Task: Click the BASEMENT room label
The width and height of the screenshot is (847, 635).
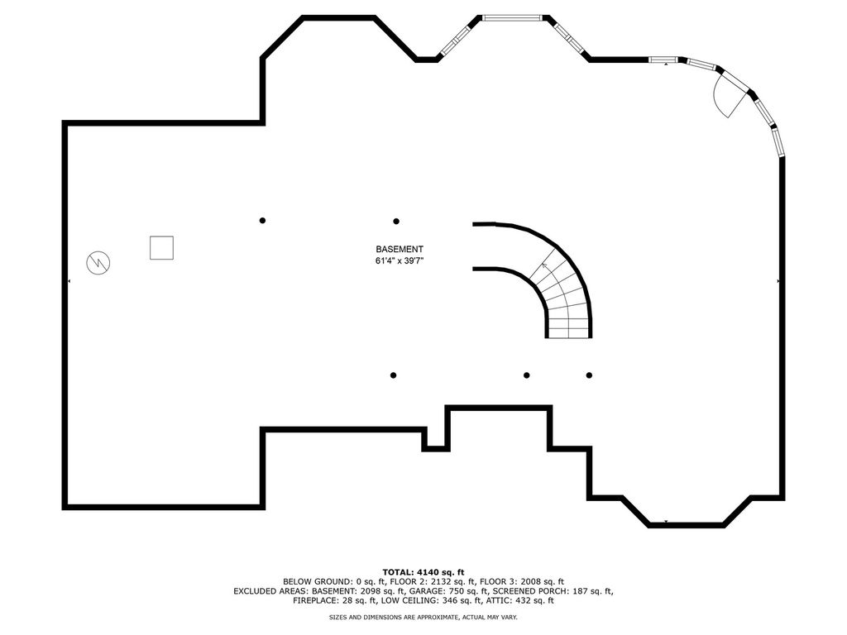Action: [x=400, y=250]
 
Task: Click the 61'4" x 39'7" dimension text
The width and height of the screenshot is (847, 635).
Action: [x=400, y=260]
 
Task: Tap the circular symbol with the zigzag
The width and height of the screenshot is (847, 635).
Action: [x=98, y=263]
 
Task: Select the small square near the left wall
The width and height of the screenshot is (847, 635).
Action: [x=161, y=248]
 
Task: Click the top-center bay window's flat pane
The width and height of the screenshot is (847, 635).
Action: [x=512, y=18]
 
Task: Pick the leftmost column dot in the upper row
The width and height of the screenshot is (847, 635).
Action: [x=262, y=220]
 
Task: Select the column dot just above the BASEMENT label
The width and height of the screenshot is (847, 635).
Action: [x=396, y=222]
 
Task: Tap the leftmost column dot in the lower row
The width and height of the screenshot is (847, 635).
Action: [x=393, y=375]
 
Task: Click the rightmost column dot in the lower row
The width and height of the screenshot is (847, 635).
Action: [x=589, y=375]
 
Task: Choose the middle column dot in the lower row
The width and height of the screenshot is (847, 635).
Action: [x=527, y=375]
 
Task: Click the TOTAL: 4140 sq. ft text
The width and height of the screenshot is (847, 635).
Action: [x=423, y=572]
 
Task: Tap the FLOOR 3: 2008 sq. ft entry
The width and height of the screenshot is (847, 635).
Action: [x=522, y=581]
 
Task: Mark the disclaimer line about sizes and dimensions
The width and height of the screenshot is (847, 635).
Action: [x=423, y=617]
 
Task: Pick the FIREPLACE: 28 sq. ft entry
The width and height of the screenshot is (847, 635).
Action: [x=335, y=600]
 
